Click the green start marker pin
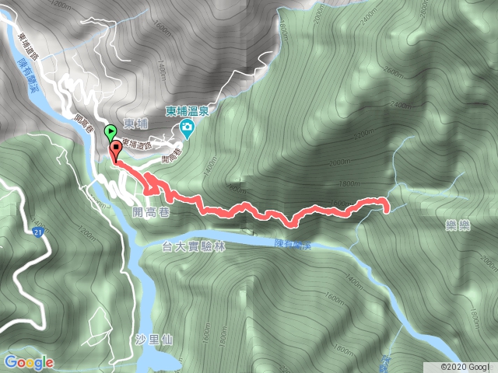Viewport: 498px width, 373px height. pyautogui.click(x=110, y=131)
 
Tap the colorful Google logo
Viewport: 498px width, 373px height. pyautogui.click(x=28, y=362)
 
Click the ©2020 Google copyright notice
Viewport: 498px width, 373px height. pyautogui.click(x=466, y=366)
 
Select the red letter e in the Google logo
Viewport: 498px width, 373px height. pyautogui.click(x=49, y=363)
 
